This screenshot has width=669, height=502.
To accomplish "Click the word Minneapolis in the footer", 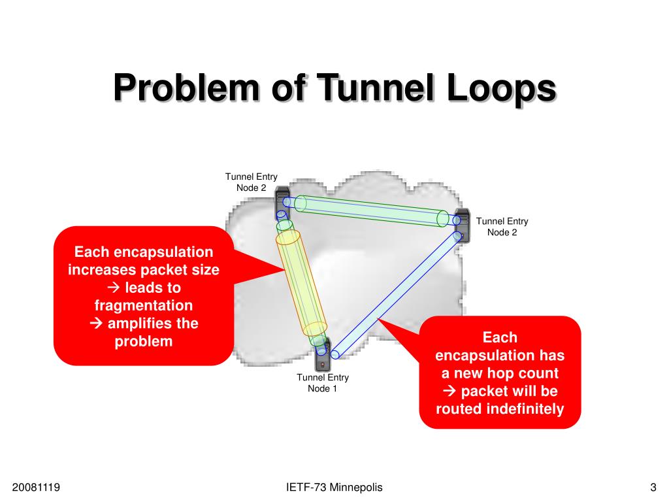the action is click(356, 487).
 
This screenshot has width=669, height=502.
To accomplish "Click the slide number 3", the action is click(653, 487).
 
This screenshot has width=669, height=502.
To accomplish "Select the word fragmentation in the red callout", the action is click(144, 305).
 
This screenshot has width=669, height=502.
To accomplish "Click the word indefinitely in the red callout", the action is click(525, 409).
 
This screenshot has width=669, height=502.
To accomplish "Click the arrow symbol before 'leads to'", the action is click(112, 288).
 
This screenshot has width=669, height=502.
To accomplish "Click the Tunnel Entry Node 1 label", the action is click(323, 383).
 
